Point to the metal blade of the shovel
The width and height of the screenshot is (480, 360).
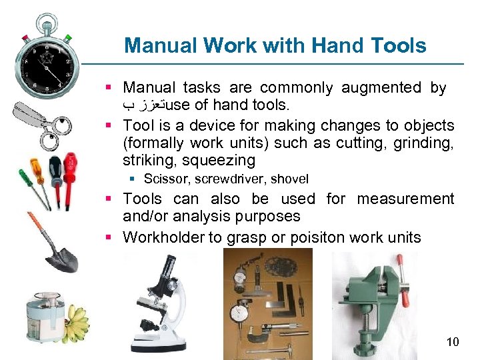[61, 257]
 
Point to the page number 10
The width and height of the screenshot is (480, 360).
[452, 342]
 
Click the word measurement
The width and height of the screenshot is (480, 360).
[405, 199]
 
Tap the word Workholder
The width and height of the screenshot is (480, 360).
[164, 237]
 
